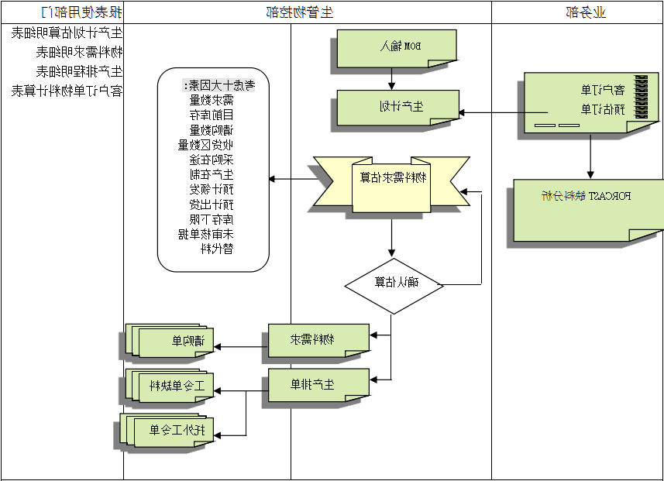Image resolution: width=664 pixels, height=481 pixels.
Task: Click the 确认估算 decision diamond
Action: (x=394, y=284)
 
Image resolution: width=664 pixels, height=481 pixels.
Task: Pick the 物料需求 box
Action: (x=318, y=340)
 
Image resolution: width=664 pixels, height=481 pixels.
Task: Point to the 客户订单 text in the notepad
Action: (x=597, y=89)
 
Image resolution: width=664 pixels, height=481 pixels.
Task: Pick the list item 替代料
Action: (x=217, y=249)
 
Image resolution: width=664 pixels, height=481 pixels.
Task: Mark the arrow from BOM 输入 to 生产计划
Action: (x=392, y=78)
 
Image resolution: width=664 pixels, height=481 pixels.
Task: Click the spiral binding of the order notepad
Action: (x=642, y=97)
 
